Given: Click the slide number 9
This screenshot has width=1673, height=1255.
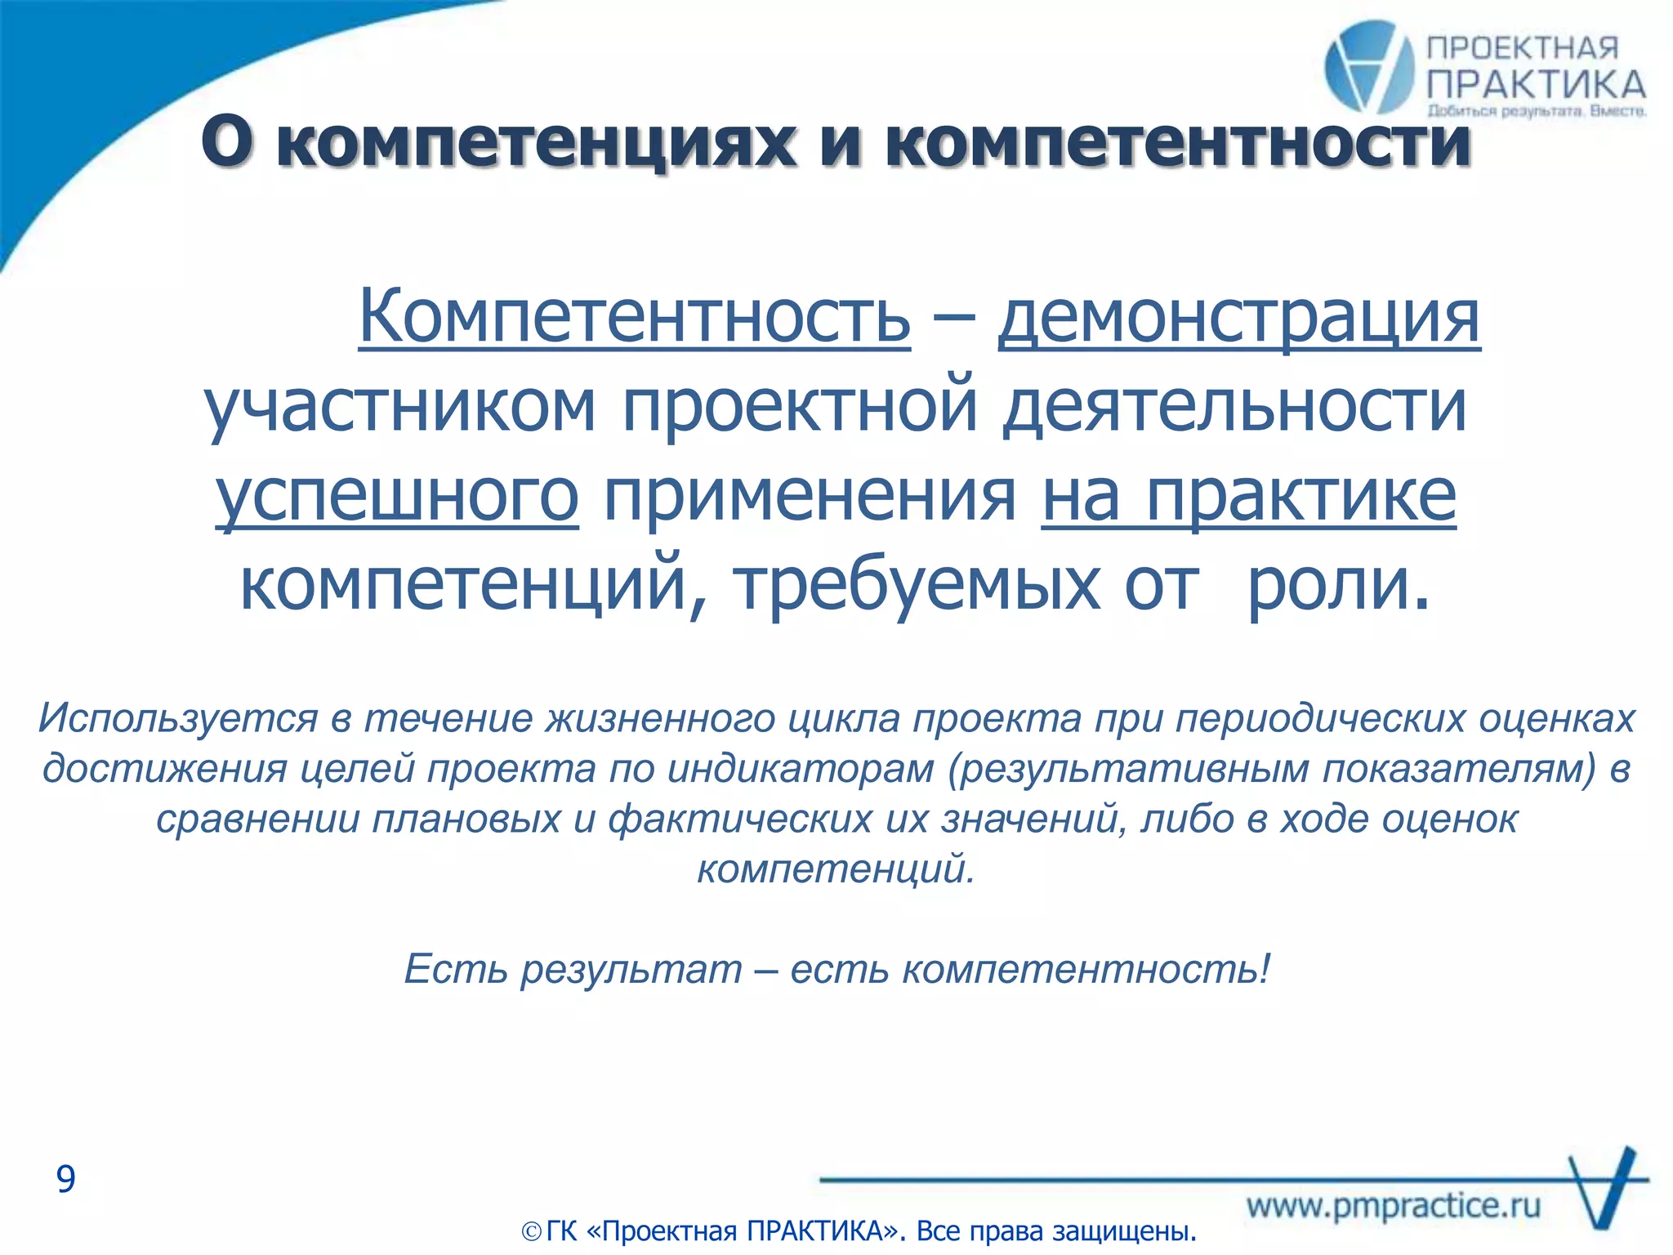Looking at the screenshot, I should click(65, 1179).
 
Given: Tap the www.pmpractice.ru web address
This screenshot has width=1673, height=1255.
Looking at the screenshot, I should click(1393, 1206).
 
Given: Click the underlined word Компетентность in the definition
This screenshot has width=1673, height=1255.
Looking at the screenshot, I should click(634, 317).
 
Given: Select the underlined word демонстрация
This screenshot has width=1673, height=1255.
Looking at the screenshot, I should click(1238, 317).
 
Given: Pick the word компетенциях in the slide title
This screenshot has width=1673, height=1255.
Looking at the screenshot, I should click(536, 142).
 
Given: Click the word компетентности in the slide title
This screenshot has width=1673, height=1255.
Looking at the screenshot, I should click(1178, 142).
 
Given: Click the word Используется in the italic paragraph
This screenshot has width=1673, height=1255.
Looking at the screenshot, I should click(177, 719).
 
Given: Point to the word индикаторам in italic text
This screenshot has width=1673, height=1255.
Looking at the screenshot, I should click(801, 770).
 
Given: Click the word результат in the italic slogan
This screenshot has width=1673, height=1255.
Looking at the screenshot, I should click(631, 970).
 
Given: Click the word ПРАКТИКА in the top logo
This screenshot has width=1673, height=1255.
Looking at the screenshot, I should click(1537, 85).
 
